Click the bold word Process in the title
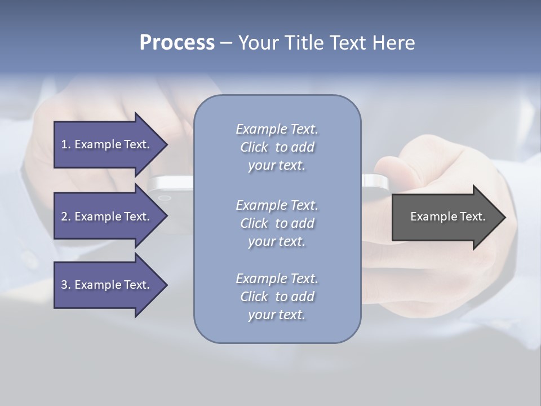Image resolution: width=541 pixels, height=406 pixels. click(x=177, y=43)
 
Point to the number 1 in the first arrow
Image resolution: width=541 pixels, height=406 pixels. click(x=64, y=144)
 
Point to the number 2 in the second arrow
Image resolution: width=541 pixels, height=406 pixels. click(x=64, y=217)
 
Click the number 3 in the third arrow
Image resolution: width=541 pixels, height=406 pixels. click(x=64, y=285)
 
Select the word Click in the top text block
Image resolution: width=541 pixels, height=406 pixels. click(x=254, y=147)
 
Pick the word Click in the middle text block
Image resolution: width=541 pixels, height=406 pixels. click(x=254, y=223)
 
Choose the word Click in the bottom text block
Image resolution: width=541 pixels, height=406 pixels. click(x=254, y=297)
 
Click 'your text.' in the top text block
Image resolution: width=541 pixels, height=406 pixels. click(x=277, y=165)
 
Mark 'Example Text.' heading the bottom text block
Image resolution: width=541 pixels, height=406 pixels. click(x=277, y=279)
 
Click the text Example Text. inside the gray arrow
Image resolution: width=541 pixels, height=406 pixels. click(x=448, y=217)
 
